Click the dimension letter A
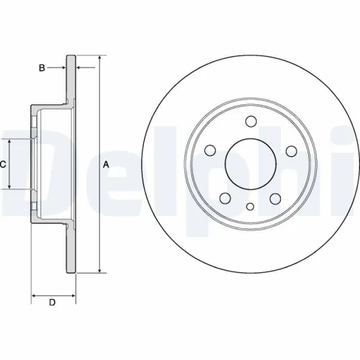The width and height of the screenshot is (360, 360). click(106, 164)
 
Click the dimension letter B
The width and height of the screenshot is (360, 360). click(42, 68)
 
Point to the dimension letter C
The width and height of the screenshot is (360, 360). click(3, 164)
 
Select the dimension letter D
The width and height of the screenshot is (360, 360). click(51, 302)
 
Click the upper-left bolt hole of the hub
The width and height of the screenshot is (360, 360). click(210, 150)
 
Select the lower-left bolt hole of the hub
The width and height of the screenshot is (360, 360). click(225, 198)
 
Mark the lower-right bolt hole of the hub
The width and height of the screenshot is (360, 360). click(275, 198)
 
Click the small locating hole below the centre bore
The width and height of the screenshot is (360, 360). click(250, 207)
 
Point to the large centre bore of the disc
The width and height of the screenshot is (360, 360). click(250, 163)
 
